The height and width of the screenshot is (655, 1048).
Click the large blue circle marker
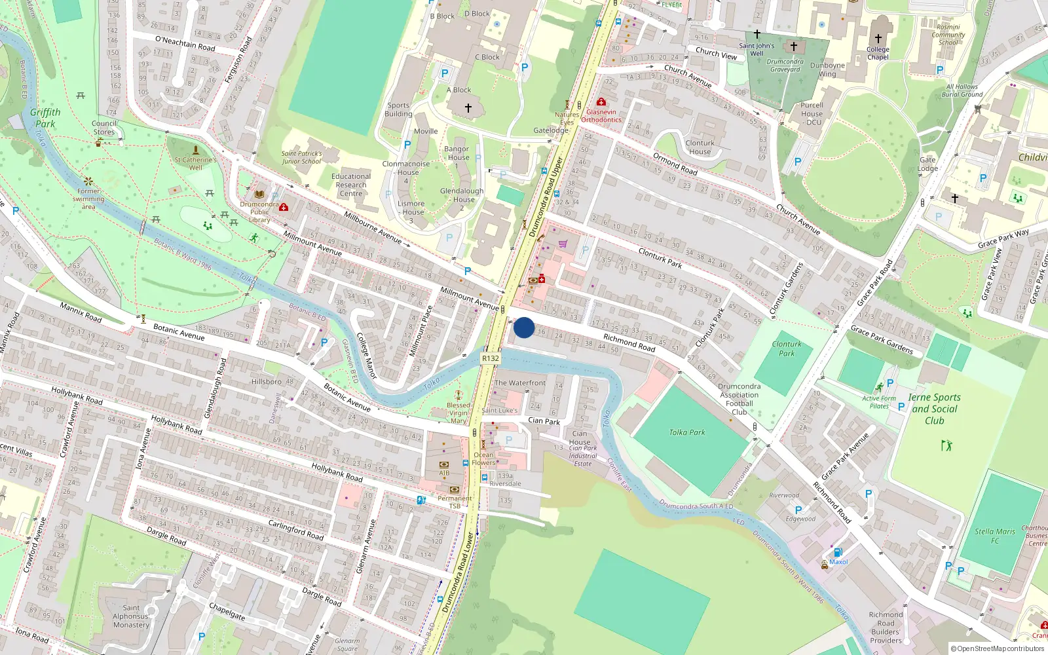pos(524,327)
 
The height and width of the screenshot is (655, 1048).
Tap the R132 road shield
pos(490,358)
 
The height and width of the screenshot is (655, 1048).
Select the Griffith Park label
pos(45,118)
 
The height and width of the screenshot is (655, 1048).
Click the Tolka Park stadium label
pos(687,432)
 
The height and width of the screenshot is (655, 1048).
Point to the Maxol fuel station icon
pos(837,552)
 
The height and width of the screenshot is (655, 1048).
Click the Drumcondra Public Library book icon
pos(260,195)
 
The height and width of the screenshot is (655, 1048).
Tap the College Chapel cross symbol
pos(878,39)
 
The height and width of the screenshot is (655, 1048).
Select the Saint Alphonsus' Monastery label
pos(131,616)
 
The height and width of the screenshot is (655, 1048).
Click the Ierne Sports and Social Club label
pos(935,409)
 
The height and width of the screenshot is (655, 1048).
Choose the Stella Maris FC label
pos(994,536)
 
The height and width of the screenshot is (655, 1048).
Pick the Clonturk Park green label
pos(787,348)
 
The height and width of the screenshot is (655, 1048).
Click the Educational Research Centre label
pos(351,185)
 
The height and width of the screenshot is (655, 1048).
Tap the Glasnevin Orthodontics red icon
pos(601,102)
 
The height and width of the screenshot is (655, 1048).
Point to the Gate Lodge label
pos(927,164)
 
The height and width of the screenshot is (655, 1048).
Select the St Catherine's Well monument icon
pos(195,150)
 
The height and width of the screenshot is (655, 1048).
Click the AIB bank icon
pos(444,464)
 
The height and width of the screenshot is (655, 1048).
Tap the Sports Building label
pos(398,109)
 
